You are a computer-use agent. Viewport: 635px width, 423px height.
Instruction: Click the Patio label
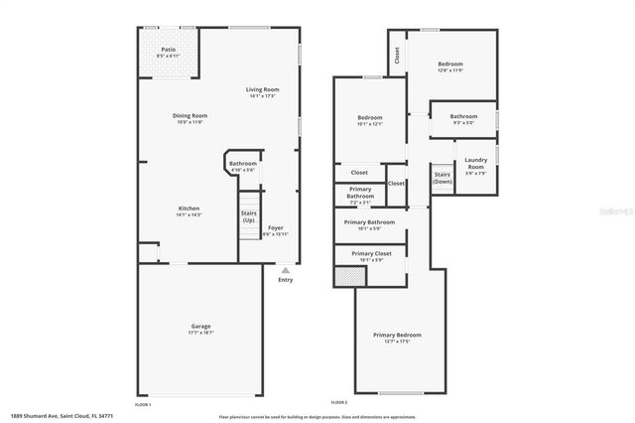(171, 50)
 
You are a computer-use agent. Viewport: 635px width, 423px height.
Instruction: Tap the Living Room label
(262, 89)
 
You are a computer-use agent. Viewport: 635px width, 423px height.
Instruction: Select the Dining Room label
(190, 115)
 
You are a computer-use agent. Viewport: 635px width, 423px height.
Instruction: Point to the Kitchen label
(189, 209)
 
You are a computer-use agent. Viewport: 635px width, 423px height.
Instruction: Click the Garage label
(200, 326)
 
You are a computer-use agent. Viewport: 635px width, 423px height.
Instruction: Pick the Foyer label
(276, 228)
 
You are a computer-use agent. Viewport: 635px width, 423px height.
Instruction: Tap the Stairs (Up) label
(248, 215)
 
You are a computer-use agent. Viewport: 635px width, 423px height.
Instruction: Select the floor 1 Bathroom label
(243, 164)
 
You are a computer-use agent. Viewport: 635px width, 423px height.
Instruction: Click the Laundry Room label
(475, 164)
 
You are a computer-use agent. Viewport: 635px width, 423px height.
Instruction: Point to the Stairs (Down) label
(443, 179)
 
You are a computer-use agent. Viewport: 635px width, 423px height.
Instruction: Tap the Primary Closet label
(369, 253)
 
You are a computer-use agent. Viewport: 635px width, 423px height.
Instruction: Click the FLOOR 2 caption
(339, 402)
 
